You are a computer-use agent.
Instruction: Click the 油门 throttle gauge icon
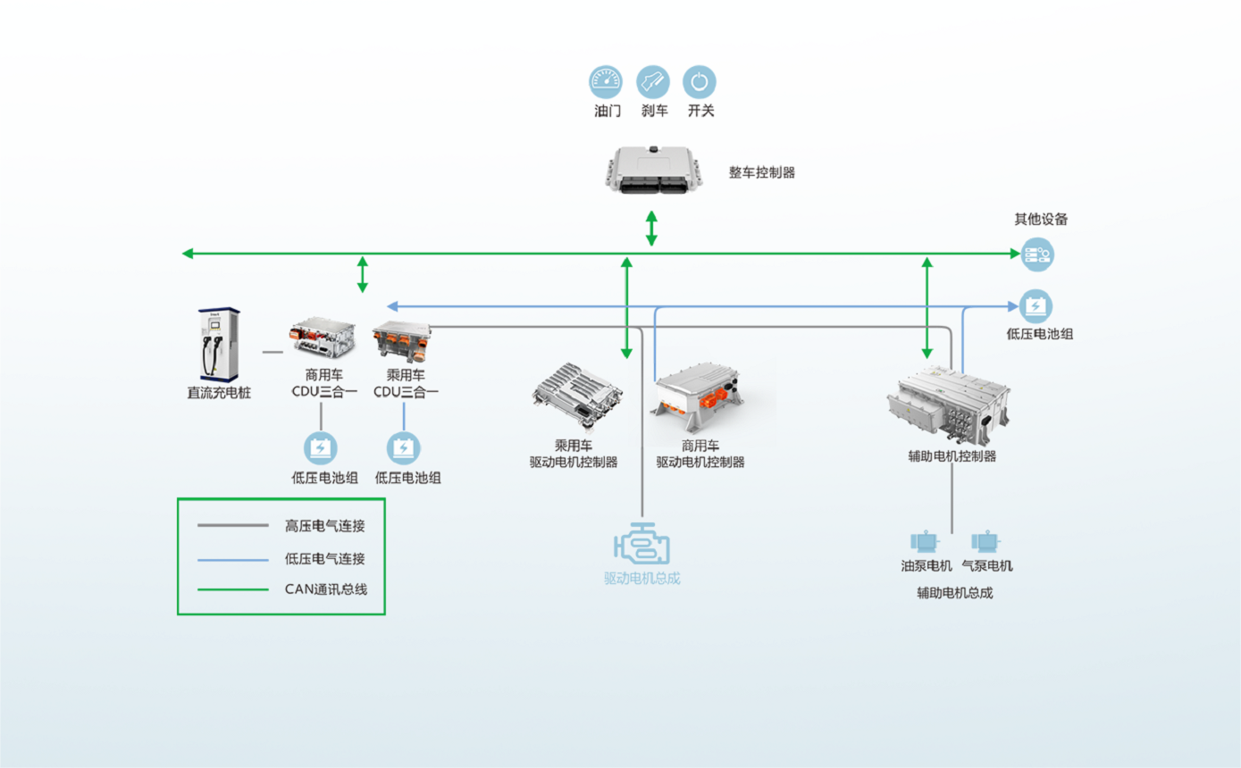pyautogui.click(x=605, y=82)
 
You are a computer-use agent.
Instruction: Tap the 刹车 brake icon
pyautogui.click(x=652, y=82)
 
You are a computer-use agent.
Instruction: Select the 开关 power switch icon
pyautogui.click(x=699, y=82)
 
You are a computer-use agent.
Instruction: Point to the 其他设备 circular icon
pyautogui.click(x=1037, y=255)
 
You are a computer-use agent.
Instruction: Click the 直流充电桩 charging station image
pyautogui.click(x=219, y=344)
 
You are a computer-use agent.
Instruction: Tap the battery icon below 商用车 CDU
pyautogui.click(x=321, y=447)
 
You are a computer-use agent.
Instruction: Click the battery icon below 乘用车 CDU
pyautogui.click(x=404, y=447)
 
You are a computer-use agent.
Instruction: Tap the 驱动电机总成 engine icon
pyautogui.click(x=641, y=545)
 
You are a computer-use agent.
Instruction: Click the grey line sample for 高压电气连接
pyautogui.click(x=232, y=525)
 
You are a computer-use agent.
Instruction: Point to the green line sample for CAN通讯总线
pyautogui.click(x=232, y=589)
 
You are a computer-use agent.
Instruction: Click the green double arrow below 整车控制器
pyautogui.click(x=652, y=229)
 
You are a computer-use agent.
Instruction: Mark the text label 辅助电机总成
pyautogui.click(x=954, y=592)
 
